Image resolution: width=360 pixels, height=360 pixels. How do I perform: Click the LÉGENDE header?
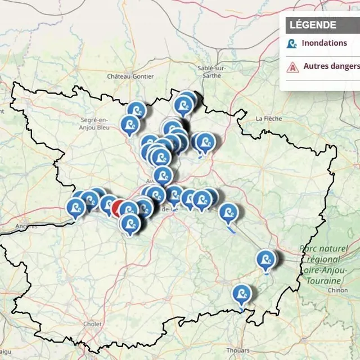[x=313, y=25]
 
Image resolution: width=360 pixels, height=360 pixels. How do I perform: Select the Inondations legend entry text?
[x=324, y=43]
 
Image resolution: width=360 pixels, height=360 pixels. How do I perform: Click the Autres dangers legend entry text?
[x=331, y=66]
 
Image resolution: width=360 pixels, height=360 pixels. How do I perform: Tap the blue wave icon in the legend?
[x=292, y=43]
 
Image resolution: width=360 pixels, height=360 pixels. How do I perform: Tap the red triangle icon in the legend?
[x=292, y=67]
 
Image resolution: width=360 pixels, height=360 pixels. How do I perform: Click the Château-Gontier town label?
[x=126, y=76]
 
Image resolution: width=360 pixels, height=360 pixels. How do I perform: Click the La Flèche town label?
[x=268, y=119]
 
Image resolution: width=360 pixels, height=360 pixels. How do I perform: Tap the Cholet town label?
[x=92, y=324]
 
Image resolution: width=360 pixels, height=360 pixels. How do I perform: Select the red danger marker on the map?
[x=119, y=208]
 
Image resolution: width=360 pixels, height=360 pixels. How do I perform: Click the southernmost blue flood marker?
[x=242, y=294]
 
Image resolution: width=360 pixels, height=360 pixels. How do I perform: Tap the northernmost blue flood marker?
[x=187, y=100]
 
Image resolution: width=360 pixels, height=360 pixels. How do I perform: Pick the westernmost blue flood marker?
[x=76, y=207]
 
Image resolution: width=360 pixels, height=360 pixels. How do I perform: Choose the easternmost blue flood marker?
[x=266, y=259]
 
